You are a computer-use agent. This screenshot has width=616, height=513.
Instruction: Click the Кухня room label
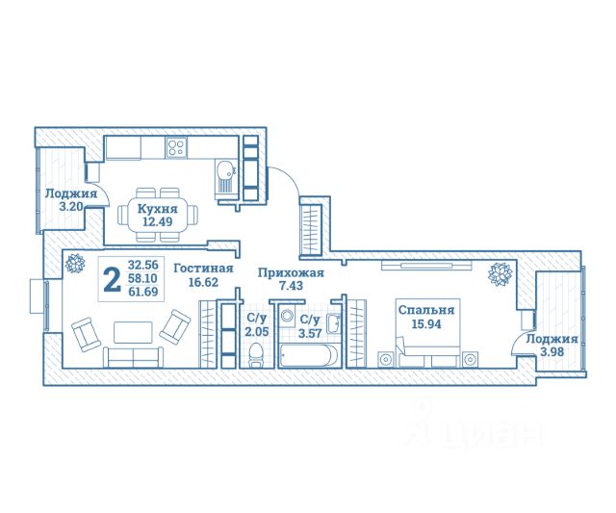(157, 209)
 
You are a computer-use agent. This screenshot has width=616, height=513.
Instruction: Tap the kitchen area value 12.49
(157, 222)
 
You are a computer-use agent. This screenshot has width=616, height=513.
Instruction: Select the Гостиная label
(203, 269)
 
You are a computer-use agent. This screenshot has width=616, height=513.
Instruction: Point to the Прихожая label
(291, 272)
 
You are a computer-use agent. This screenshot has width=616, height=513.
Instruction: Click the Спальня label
(426, 310)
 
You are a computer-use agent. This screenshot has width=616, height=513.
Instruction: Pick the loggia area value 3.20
(70, 207)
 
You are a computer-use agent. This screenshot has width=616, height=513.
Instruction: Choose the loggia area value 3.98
(552, 352)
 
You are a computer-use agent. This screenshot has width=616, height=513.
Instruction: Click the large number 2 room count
(113, 279)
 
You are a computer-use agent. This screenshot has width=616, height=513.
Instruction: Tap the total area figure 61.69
(143, 292)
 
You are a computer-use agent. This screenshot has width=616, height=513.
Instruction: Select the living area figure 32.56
(143, 265)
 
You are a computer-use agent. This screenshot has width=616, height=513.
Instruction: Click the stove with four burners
(176, 147)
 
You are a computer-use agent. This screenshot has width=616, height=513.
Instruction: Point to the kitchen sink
(225, 180)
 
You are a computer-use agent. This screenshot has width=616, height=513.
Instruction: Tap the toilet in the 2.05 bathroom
(256, 355)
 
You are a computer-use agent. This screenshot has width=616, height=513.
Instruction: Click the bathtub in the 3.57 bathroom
(309, 355)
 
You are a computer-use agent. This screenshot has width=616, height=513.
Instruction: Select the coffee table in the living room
(133, 332)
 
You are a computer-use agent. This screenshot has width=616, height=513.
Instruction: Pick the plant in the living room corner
(75, 263)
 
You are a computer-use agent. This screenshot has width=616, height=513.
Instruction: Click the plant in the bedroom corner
(500, 273)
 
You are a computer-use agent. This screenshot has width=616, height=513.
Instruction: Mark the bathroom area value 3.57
(310, 333)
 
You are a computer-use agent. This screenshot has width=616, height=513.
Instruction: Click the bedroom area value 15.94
(426, 324)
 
